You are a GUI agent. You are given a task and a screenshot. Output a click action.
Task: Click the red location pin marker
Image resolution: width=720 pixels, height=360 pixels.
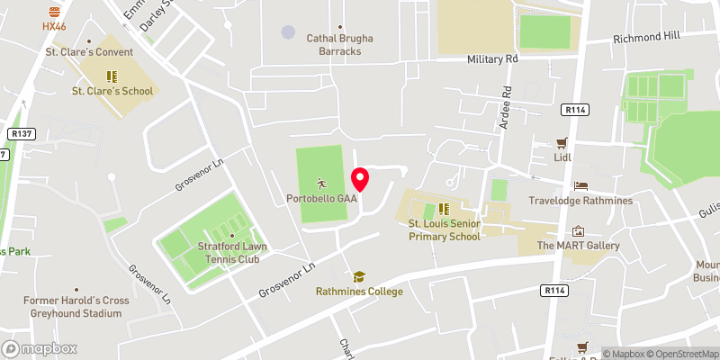tap(360, 179)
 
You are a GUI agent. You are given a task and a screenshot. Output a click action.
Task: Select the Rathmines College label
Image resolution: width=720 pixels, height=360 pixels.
tap(359, 292)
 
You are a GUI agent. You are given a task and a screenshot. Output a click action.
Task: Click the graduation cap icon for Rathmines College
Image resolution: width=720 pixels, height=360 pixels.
tap(359, 277)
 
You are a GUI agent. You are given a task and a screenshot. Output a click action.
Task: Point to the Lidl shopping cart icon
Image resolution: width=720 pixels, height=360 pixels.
tap(563, 143)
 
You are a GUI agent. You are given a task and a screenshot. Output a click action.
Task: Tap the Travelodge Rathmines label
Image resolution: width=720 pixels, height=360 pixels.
tap(593, 201)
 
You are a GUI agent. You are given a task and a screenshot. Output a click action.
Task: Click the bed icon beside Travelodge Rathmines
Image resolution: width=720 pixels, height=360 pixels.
tap(580, 186)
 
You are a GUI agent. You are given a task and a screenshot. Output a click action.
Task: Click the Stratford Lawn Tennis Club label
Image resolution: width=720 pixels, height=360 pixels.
tap(230, 253)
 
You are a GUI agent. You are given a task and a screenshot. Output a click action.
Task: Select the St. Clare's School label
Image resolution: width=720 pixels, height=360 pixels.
tap(112, 91)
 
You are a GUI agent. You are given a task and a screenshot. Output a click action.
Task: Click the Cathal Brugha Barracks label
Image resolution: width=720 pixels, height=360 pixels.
tap(339, 45)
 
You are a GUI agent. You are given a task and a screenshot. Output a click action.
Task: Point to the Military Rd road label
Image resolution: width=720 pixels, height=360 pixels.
tap(493, 58)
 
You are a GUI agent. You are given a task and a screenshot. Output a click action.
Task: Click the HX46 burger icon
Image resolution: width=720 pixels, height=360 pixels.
tap(55, 12)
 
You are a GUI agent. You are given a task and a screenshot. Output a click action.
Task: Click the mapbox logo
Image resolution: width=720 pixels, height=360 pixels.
tap(40, 348)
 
